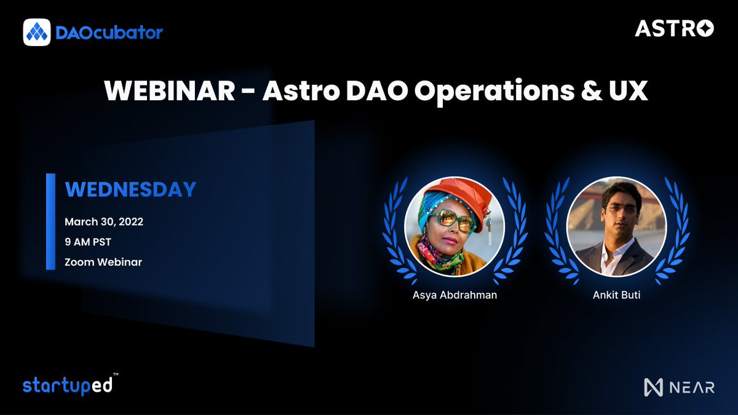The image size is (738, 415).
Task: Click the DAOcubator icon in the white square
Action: point(36,32)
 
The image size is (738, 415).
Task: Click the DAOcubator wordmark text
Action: point(109,32)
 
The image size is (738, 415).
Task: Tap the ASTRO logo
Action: point(674,28)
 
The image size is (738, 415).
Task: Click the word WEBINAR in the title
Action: point(169,92)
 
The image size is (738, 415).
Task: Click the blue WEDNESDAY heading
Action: point(130,189)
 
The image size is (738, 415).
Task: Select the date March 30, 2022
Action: point(104,222)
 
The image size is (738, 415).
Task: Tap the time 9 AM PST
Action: point(88,242)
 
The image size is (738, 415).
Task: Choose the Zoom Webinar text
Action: point(103,262)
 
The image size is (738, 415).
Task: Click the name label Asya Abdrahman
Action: point(454,294)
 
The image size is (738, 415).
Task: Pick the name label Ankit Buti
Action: point(616,294)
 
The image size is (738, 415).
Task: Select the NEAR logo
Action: point(679,387)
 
